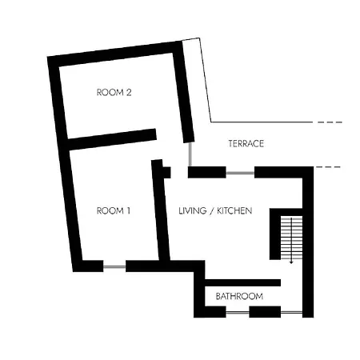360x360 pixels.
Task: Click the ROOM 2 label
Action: coord(114,93)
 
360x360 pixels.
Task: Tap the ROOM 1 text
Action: coord(114,211)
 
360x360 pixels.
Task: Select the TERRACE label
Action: coord(246,144)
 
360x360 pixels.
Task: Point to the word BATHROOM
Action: coord(239,296)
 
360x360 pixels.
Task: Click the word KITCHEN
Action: coord(234,211)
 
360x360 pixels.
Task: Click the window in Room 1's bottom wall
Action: coord(114,266)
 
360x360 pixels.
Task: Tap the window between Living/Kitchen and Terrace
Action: coord(240,173)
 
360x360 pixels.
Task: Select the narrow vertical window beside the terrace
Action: coord(190,154)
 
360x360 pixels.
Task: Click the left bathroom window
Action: coord(238,312)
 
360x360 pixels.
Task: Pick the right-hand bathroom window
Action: coord(291,312)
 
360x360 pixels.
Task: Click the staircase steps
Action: coord(291,238)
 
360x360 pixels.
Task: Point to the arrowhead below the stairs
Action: coord(291,262)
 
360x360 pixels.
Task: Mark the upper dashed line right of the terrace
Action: coord(330,122)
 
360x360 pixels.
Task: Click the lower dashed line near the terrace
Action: coord(328,167)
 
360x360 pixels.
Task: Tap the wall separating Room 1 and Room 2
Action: coord(112,139)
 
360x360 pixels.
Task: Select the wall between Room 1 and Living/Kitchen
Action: coord(161,210)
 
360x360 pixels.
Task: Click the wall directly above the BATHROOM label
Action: coord(242,282)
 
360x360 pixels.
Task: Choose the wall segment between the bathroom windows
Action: coord(265,312)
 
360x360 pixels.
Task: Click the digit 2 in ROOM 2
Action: coord(129,93)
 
